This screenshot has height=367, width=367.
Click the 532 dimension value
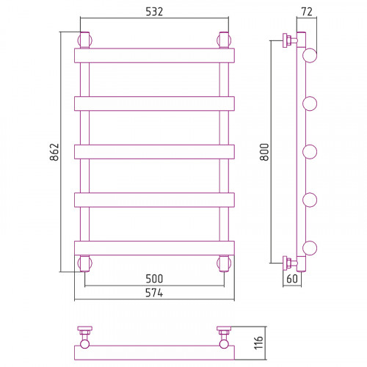154,12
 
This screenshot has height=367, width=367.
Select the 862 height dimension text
54,152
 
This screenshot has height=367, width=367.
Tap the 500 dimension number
154,279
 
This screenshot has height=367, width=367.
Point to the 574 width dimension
154,293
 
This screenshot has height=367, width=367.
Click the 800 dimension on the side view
264,152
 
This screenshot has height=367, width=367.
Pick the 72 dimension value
307,12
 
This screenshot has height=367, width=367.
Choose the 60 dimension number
292,279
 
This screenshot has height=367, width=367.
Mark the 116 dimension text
258,343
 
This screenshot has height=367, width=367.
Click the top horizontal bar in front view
154,56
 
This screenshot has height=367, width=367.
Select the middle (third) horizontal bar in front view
154,152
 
